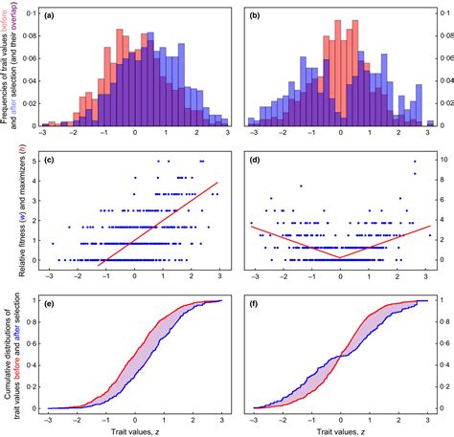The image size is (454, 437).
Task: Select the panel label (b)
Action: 255,17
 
